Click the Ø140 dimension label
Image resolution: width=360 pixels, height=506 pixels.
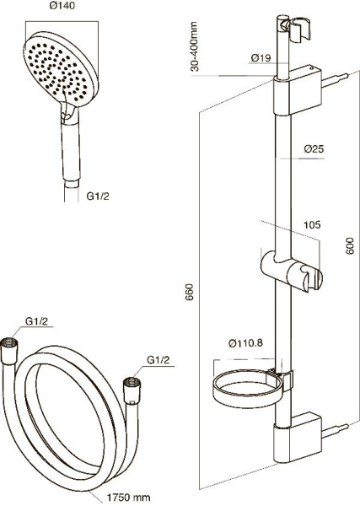pyautogui.click(x=62, y=6)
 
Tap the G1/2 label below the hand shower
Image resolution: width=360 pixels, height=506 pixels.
pyautogui.click(x=98, y=196)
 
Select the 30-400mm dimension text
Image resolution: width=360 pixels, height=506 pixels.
pyautogui.click(x=194, y=46)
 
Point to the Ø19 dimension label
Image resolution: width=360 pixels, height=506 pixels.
pyautogui.click(x=261, y=58)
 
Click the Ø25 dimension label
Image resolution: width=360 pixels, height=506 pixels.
pyautogui.click(x=314, y=149)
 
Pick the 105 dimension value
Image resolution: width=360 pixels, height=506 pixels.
pyautogui.click(x=312, y=224)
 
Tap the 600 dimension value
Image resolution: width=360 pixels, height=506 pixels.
pyautogui.click(x=350, y=245)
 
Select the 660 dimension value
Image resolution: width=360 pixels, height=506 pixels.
pyautogui.click(x=189, y=292)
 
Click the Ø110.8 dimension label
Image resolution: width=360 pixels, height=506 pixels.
pyautogui.click(x=245, y=343)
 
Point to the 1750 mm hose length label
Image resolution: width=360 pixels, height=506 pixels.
pyautogui.click(x=128, y=498)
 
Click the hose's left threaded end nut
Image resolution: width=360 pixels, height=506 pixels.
pyautogui.click(x=8, y=351)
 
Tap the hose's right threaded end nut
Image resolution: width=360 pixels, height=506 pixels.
pyautogui.click(x=132, y=390)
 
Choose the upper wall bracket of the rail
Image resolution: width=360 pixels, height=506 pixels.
pyautogui.click(x=298, y=91)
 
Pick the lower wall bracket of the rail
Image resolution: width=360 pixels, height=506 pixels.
pyautogui.click(x=298, y=438)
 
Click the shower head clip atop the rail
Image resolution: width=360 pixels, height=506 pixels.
pyautogui.click(x=295, y=30)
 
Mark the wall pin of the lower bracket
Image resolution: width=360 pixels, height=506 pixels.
pyautogui.click(x=336, y=431)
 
